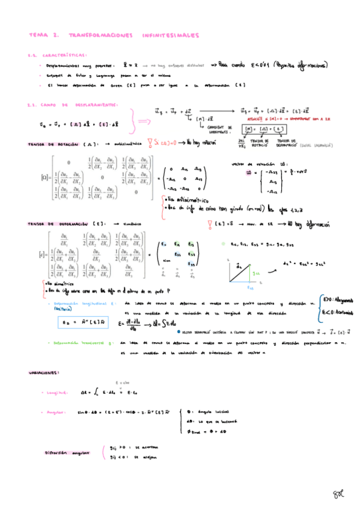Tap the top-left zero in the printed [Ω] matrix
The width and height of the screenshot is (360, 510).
point(68,162)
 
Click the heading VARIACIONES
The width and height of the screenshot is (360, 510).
point(44,373)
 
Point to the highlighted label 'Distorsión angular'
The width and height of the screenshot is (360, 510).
point(67,452)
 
